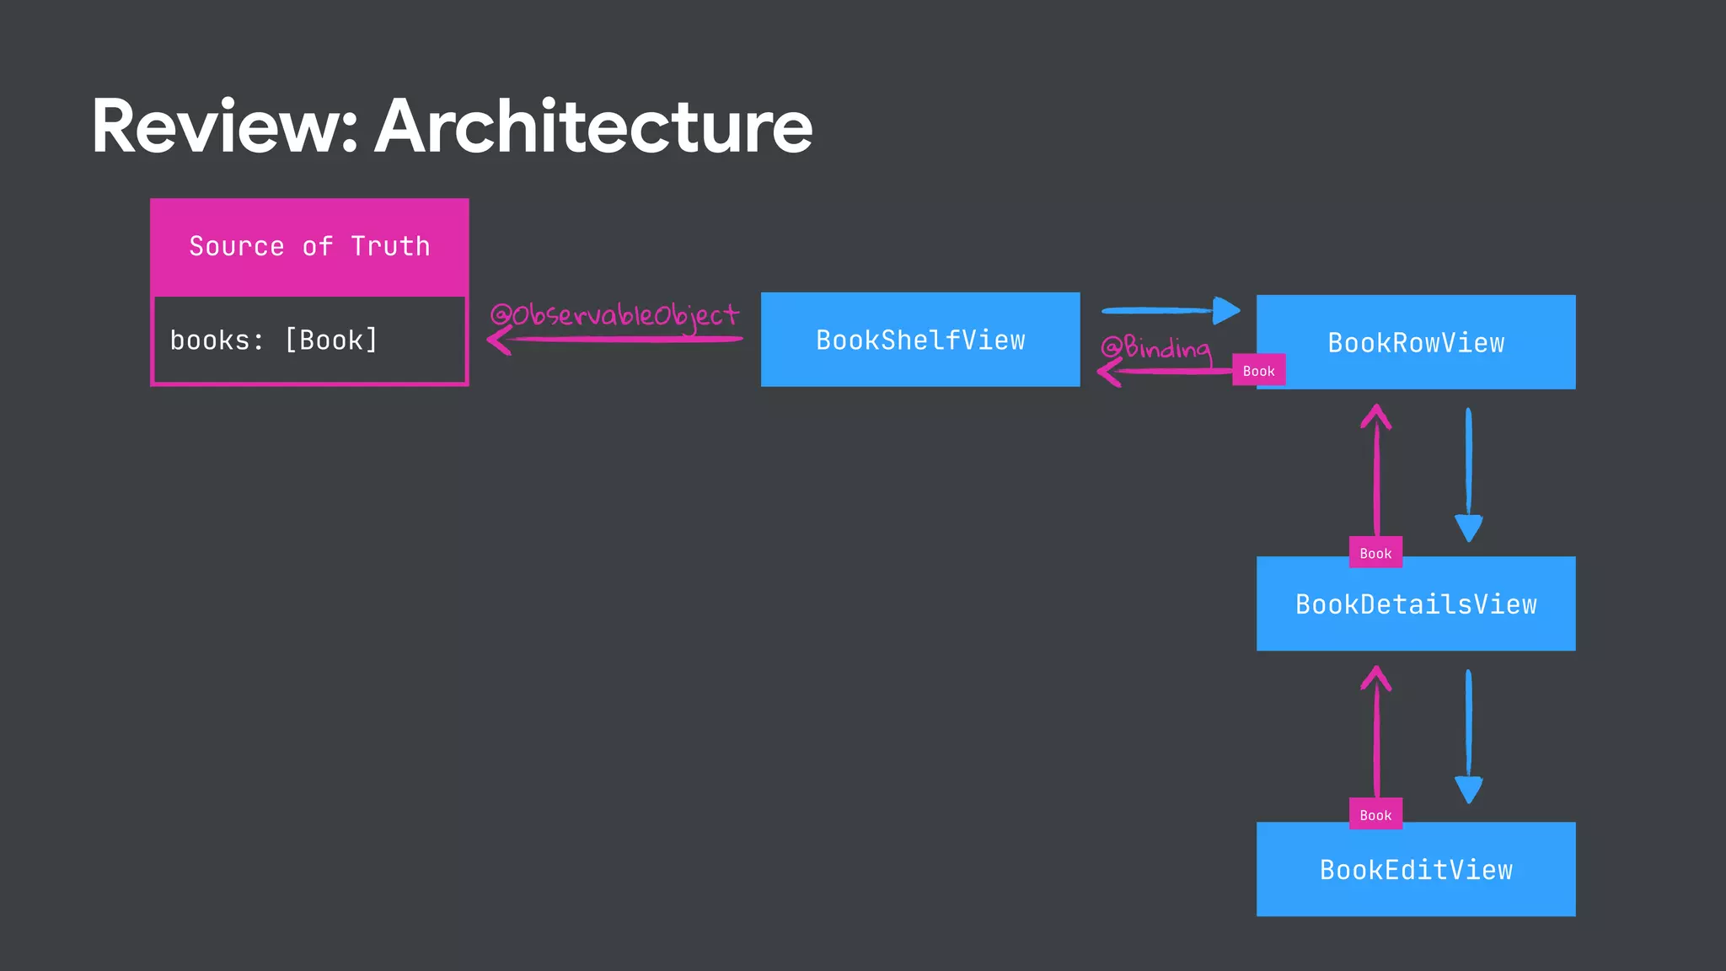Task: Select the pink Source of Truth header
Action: coord(309,247)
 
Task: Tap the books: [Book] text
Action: coord(274,341)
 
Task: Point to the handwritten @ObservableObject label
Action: coord(614,315)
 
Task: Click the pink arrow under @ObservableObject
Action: coord(615,340)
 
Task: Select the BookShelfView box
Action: coord(920,340)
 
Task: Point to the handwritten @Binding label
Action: coord(1155,347)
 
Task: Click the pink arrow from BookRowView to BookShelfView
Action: coord(1163,372)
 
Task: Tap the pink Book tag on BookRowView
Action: coord(1258,371)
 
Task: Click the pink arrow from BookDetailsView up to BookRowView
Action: coord(1376,472)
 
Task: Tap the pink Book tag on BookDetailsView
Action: coord(1375,553)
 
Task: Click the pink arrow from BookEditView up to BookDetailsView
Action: coord(1376,733)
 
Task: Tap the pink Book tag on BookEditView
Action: coord(1375,814)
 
